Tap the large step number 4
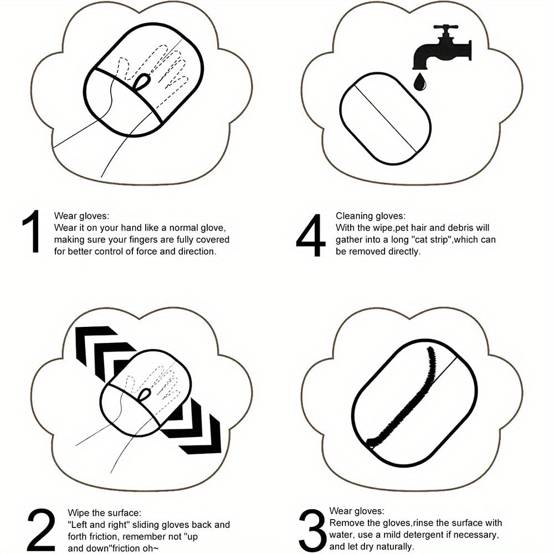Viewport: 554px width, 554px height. tap(311, 235)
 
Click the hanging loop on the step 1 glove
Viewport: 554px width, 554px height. tap(142, 82)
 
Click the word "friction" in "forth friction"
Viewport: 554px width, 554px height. tap(104, 537)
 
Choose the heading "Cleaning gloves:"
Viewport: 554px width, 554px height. tap(371, 216)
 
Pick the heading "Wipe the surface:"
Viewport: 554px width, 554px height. tap(104, 512)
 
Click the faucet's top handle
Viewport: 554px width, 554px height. tap(445, 27)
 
